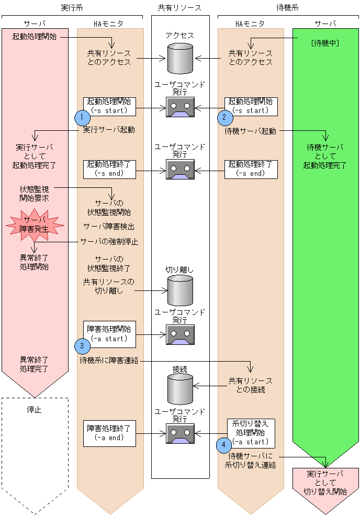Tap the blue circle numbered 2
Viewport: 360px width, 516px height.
point(224,117)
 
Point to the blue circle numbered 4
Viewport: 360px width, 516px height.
point(224,444)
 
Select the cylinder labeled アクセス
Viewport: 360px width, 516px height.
point(180,58)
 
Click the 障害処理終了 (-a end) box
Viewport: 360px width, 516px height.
point(109,433)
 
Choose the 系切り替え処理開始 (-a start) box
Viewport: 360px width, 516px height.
point(251,432)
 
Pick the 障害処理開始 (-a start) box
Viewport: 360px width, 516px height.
point(109,334)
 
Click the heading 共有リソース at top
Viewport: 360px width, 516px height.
point(180,7)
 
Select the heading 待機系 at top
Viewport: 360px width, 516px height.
point(288,7)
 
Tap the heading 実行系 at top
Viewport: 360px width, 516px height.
point(72,7)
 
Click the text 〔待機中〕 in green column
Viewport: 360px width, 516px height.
point(325,43)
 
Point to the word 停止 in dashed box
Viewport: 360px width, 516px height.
point(35,410)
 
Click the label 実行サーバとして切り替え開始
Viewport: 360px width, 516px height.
point(325,483)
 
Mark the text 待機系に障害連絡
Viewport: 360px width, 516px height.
point(109,361)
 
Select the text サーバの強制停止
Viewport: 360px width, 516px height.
point(109,242)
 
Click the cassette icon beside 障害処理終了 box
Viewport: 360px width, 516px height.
point(180,433)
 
